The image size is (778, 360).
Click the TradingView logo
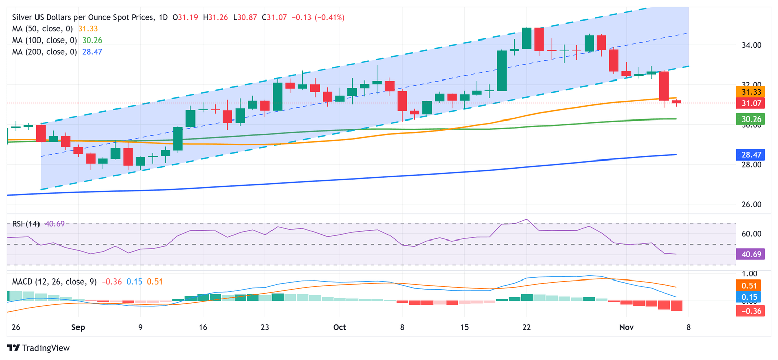click(38, 348)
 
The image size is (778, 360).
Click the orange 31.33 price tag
click(750, 92)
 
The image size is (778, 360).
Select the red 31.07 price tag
click(750, 103)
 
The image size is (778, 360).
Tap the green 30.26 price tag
click(750, 119)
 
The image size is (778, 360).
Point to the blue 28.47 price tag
click(750, 155)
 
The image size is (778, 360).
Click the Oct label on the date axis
click(340, 327)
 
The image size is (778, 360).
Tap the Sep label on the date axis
click(77, 327)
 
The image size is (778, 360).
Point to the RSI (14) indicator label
click(25, 224)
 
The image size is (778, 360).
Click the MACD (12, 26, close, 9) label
click(53, 282)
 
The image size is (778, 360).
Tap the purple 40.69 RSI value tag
click(750, 254)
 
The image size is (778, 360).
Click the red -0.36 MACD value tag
click(750, 311)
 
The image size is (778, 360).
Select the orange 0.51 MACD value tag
click(750, 285)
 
